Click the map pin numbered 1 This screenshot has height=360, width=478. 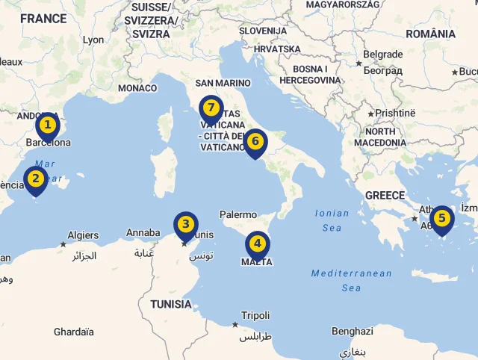pyautogui.click(x=47, y=125)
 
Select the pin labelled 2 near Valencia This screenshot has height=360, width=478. pyautogui.click(x=34, y=179)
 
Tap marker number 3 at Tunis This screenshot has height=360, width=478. pyautogui.click(x=186, y=225)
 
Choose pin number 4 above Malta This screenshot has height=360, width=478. pyautogui.click(x=258, y=243)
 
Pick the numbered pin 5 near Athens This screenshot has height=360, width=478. pyautogui.click(x=442, y=220)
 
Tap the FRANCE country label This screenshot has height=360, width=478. pyautogui.click(x=43, y=19)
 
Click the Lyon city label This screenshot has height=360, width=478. pyautogui.click(x=93, y=40)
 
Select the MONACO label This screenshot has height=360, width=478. pyautogui.click(x=137, y=88)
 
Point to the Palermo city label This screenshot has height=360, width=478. pyautogui.click(x=238, y=215)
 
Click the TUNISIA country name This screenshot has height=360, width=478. pyautogui.click(x=170, y=305)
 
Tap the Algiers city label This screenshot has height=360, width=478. pyautogui.click(x=83, y=235)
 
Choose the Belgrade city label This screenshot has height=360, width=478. pyautogui.click(x=382, y=55)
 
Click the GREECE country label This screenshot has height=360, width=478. pyautogui.click(x=385, y=196)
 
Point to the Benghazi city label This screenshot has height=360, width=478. pyautogui.click(x=352, y=331)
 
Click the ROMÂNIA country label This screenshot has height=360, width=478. pyautogui.click(x=430, y=34)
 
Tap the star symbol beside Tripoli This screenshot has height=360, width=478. pyautogui.click(x=235, y=324)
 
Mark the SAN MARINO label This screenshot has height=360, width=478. pyautogui.click(x=220, y=83)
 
